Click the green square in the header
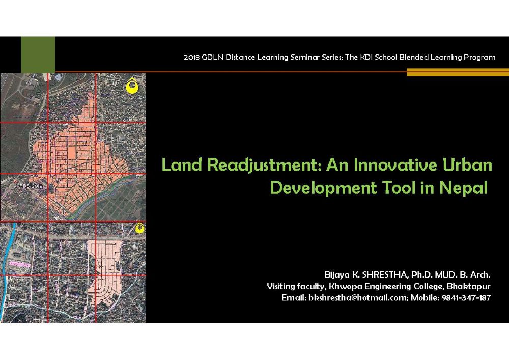point(38,54)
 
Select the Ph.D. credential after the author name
point(421,275)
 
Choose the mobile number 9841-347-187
point(466,298)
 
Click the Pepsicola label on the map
point(29,186)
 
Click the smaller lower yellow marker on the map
point(140,228)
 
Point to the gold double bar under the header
point(458,72)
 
